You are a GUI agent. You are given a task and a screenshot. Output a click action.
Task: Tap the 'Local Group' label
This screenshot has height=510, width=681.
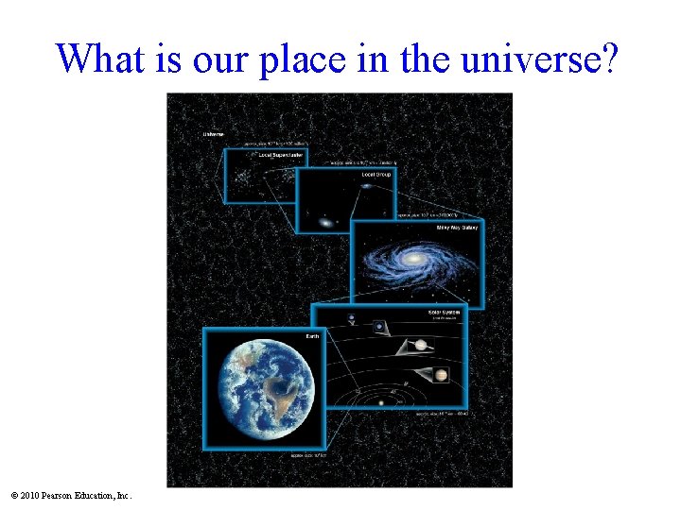point(375,175)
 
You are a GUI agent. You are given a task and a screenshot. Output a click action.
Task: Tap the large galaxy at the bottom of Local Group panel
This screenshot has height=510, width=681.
point(324,224)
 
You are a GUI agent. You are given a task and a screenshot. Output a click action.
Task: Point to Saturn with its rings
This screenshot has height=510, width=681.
point(420,345)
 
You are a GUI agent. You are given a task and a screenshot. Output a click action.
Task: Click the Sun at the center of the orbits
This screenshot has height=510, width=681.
point(381,403)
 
